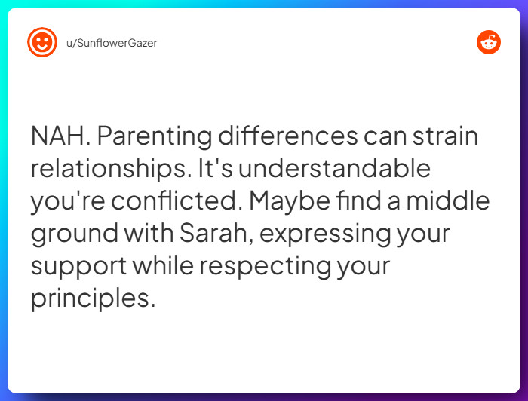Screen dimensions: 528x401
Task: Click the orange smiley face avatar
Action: pos(42,42)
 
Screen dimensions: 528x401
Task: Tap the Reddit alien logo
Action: pos(489,42)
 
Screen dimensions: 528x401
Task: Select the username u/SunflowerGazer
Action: pos(112,43)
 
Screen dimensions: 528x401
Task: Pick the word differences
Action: pos(288,136)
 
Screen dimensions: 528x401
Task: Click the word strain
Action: pos(445,136)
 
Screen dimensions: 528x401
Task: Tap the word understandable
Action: pos(334,168)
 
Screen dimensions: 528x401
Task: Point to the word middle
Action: pos(448,200)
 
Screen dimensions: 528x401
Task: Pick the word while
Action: pos(163,265)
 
